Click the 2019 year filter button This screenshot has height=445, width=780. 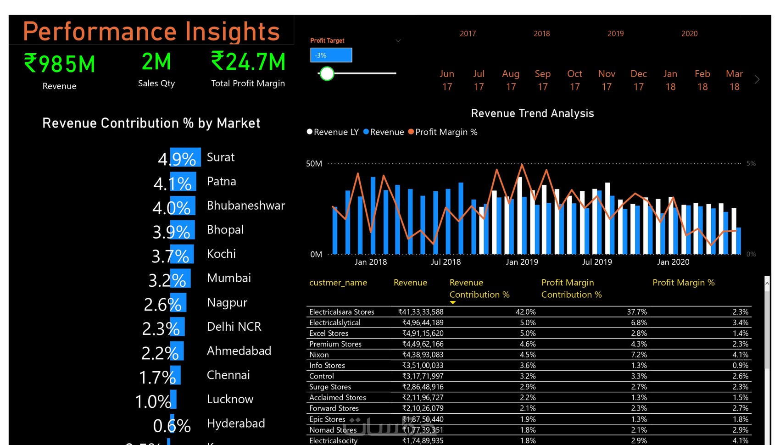point(615,33)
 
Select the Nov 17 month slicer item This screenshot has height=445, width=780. point(607,80)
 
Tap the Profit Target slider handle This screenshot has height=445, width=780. point(327,73)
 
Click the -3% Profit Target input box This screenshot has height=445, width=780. point(331,55)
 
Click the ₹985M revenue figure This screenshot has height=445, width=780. point(60,64)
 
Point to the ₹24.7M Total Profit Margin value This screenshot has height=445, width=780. point(248,62)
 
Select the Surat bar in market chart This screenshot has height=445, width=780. point(185,157)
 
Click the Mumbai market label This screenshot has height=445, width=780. point(228,278)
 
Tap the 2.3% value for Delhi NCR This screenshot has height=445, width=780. point(161,328)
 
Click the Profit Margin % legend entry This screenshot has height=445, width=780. point(443,132)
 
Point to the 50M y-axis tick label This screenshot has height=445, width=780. point(314,164)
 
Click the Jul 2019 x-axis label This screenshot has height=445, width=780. point(597,262)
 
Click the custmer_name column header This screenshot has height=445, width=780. point(338,283)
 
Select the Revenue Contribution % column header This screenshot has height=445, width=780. point(479,289)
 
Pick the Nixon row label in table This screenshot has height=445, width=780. point(319,355)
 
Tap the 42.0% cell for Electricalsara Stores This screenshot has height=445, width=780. point(525,312)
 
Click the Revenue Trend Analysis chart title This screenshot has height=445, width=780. point(532,113)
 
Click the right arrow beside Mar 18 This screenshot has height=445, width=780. point(757,80)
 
